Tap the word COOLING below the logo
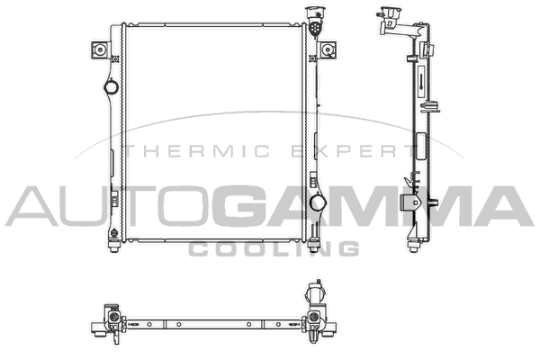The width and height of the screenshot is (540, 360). (x=274, y=248)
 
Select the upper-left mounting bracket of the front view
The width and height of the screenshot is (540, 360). (x=100, y=50)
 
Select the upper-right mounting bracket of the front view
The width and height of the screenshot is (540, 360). (x=328, y=50)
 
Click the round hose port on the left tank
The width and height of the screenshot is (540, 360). (x=111, y=86)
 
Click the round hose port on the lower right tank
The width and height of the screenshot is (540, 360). (x=317, y=202)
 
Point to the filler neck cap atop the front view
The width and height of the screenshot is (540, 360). (x=315, y=21)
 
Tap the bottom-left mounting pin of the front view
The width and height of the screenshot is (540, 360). (x=114, y=246)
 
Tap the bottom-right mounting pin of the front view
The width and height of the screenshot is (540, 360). (x=313, y=246)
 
